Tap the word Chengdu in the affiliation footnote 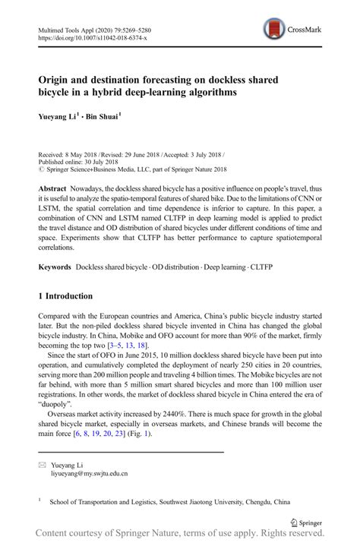tap(261, 502)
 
